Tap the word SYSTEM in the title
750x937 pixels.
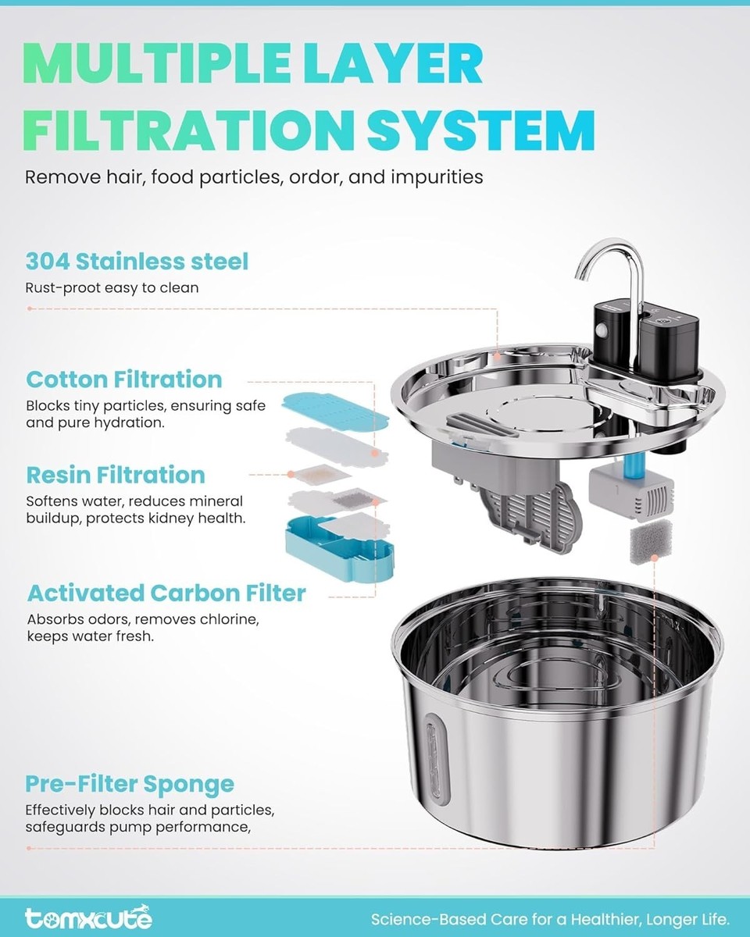click(x=481, y=130)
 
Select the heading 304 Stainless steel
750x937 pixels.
click(x=137, y=262)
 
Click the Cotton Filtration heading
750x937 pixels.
click(x=124, y=379)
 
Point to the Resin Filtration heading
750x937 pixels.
click(x=116, y=475)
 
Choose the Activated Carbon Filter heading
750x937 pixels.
click(x=166, y=593)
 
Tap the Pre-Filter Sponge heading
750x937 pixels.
click(x=130, y=784)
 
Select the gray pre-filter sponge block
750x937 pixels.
click(x=651, y=541)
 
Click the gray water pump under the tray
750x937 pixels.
click(x=630, y=493)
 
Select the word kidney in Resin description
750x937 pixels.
click(x=168, y=518)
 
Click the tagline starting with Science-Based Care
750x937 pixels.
click(x=550, y=919)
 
